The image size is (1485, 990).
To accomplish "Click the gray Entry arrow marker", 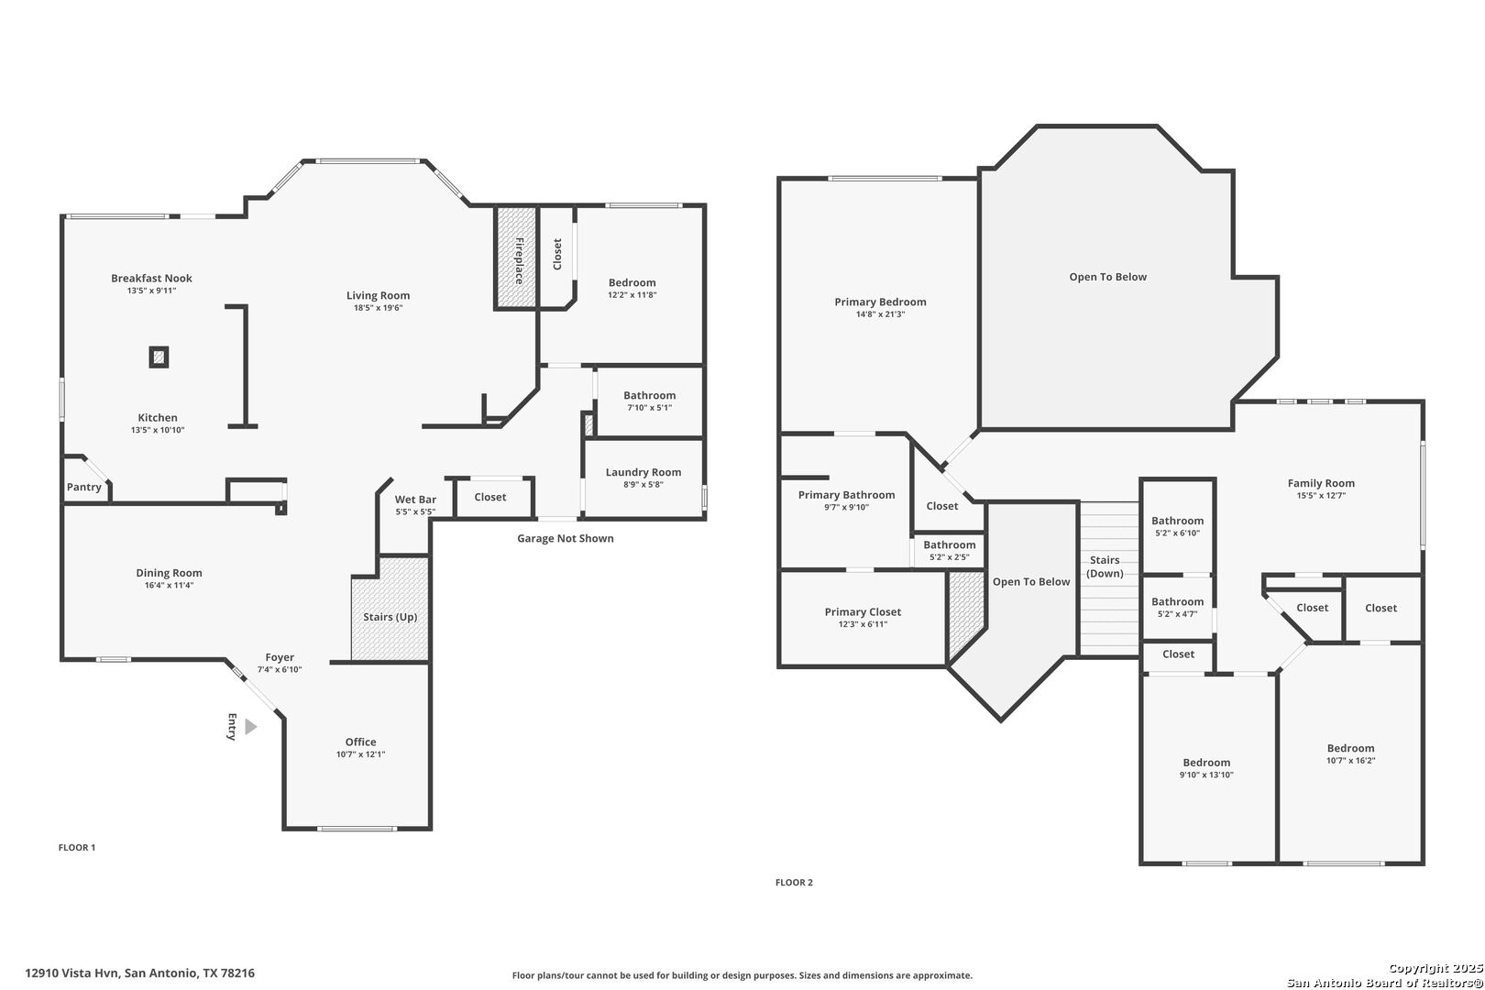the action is tap(250, 727).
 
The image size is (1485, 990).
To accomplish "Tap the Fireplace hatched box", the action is tap(516, 258).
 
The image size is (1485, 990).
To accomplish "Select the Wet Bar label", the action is tap(415, 500).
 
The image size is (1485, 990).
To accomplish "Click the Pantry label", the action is tap(84, 487).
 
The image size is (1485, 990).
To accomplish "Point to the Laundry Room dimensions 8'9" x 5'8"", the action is tap(643, 485).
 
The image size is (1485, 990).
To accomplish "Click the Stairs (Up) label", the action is tap(390, 617).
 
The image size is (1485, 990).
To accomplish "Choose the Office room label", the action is tap(360, 742).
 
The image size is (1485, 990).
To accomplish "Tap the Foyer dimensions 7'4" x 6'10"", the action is tap(280, 670).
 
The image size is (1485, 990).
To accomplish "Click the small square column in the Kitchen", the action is tap(159, 357).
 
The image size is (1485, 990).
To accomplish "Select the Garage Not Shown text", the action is tap(566, 538).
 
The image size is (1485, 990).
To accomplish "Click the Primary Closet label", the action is tap(863, 612).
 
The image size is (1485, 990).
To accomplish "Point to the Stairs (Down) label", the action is tap(1105, 566).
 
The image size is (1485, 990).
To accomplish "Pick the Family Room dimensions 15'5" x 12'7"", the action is tap(1321, 495).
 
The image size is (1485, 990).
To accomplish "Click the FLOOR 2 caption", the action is tap(794, 882).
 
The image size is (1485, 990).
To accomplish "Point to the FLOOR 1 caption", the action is tap(77, 847).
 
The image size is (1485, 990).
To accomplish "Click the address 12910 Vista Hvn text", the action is tap(72, 973).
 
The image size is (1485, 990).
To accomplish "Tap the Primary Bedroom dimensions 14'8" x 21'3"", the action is tap(880, 314).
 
